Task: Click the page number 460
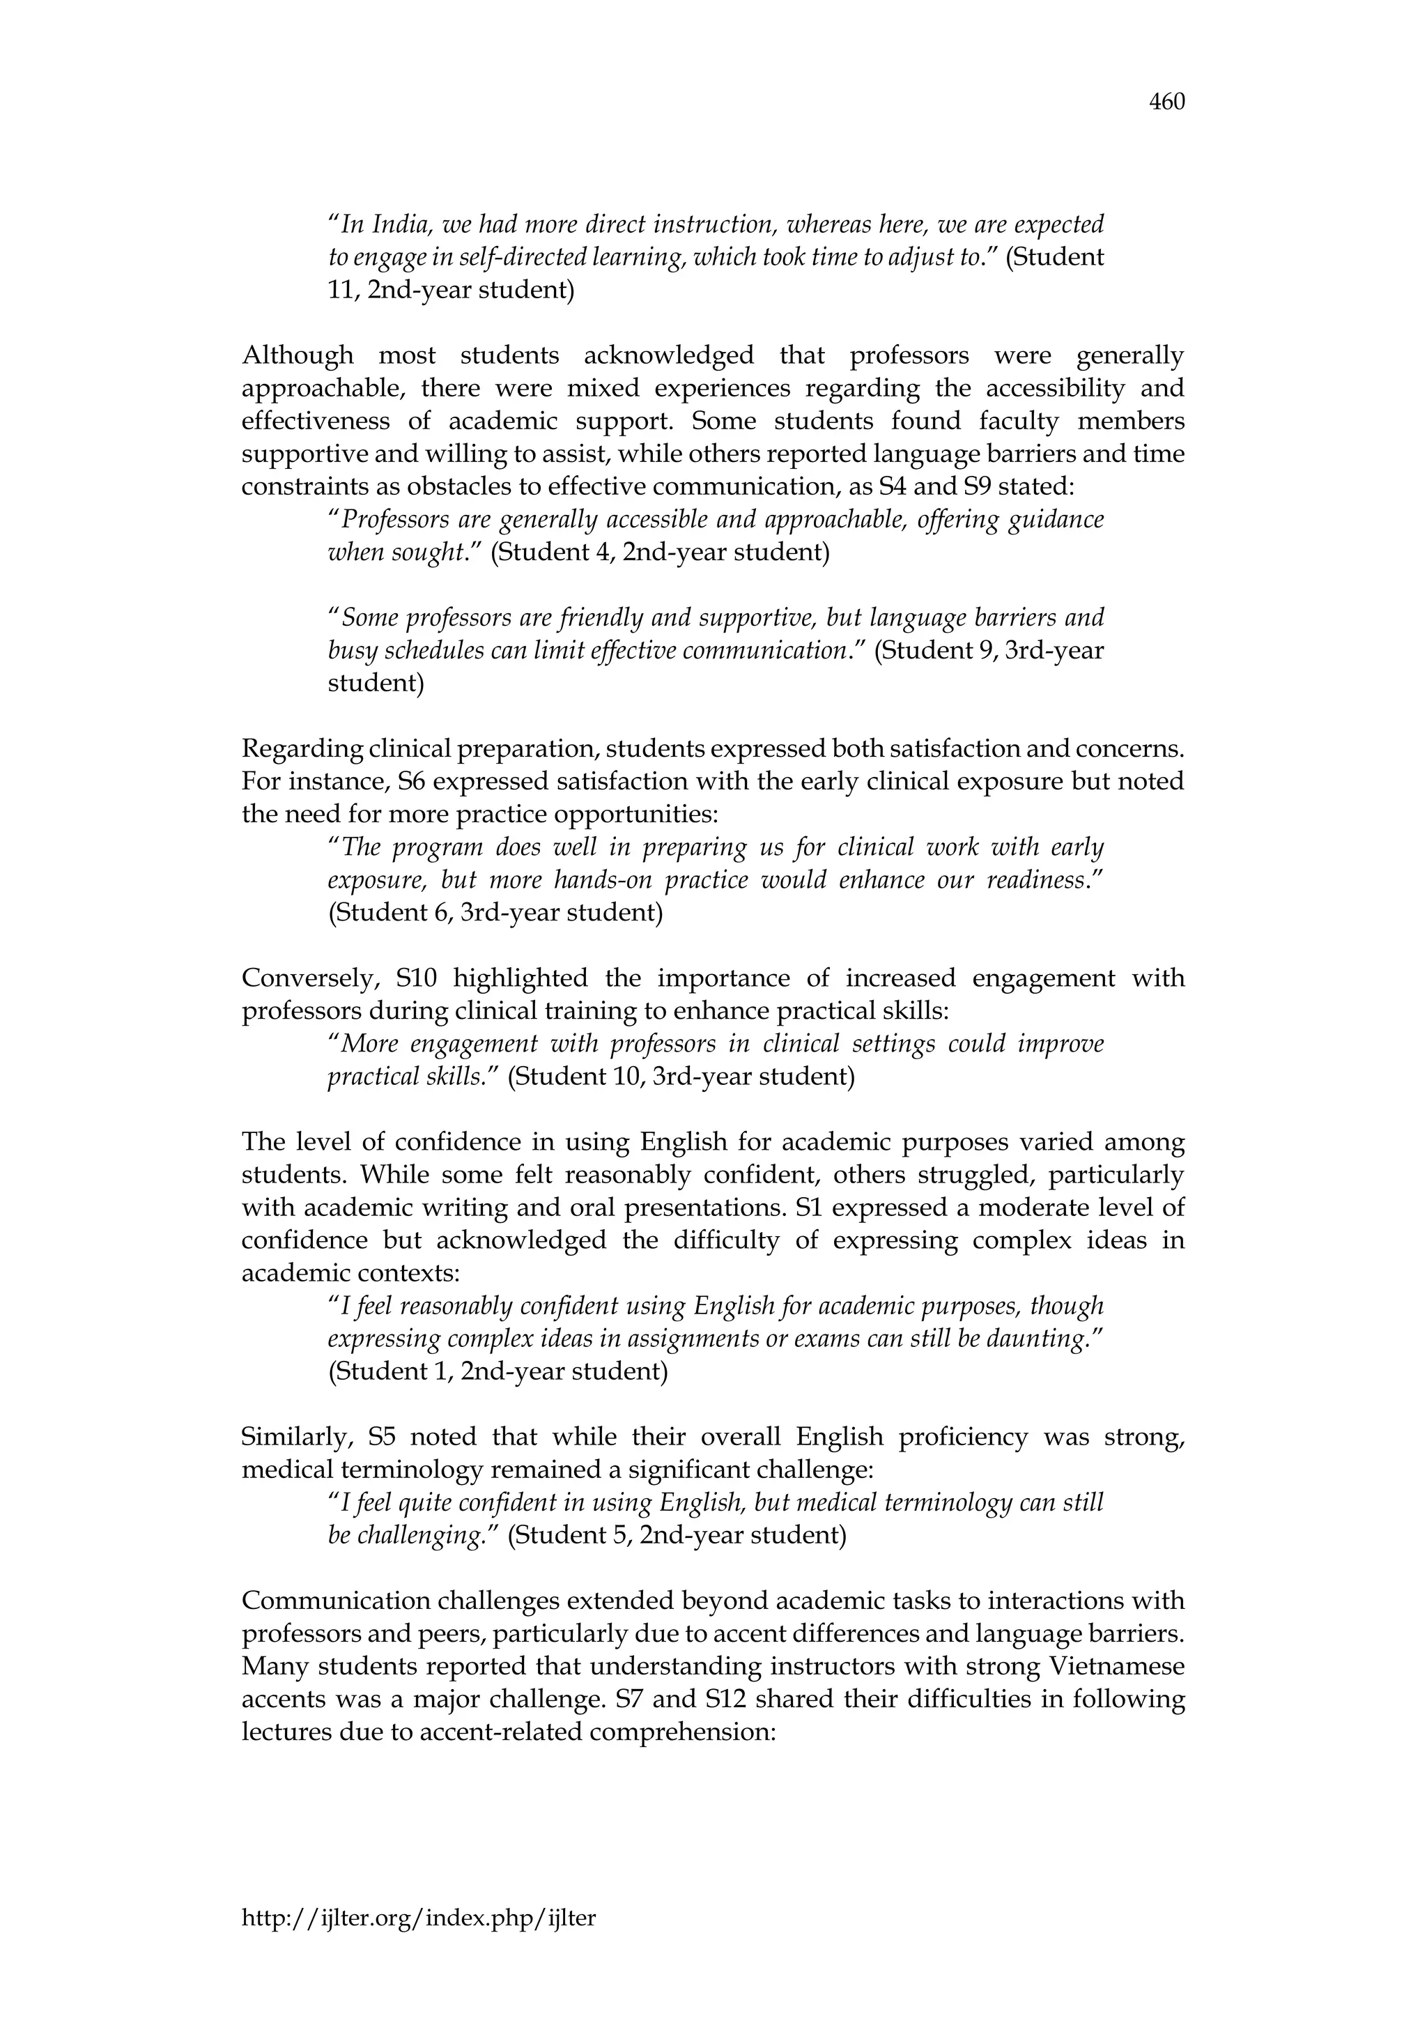point(1167,103)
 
